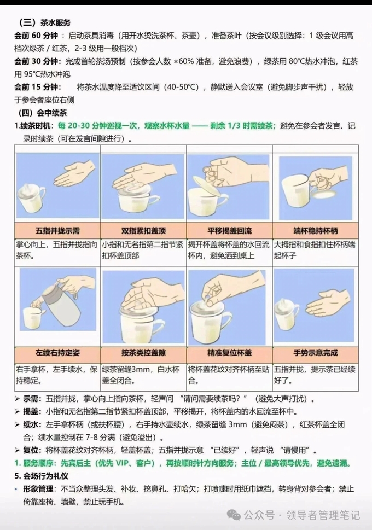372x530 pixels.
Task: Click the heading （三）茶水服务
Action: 44,22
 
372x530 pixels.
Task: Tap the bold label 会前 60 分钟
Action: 36,36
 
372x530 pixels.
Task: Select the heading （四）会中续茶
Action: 43,113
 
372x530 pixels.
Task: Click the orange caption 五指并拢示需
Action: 57,231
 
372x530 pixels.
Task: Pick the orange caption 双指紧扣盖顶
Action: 143,231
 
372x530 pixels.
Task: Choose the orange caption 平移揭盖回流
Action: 229,231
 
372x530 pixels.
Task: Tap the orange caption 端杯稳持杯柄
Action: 316,231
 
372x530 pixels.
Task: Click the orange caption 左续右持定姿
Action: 57,353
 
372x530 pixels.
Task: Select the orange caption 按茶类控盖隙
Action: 143,353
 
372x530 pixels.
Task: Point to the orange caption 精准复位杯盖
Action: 229,353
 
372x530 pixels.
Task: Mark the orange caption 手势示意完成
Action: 316,353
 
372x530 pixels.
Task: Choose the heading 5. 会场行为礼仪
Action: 41,476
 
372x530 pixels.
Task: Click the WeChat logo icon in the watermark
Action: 234,515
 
